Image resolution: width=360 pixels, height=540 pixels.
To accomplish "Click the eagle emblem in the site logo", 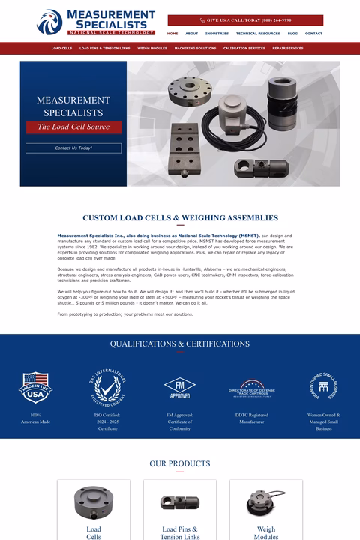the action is tap(49, 22).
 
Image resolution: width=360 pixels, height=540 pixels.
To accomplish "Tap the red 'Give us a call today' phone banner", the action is tap(245, 20).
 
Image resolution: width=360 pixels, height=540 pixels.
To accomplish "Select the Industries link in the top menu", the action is tap(217, 34).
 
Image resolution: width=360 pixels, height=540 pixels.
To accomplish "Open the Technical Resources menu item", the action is tap(258, 34).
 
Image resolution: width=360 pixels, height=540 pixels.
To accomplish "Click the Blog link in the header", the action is tap(292, 34).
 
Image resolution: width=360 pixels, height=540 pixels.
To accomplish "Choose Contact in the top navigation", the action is tap(313, 34).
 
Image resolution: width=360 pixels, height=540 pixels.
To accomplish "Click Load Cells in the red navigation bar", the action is tap(61, 48).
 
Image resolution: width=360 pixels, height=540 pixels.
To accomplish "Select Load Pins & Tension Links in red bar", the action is tap(104, 48).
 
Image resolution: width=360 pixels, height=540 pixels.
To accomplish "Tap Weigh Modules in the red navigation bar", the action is tap(152, 48).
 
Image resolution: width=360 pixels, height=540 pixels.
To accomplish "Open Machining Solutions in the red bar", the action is tap(195, 48).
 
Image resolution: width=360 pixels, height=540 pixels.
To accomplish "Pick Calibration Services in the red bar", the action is tap(244, 48).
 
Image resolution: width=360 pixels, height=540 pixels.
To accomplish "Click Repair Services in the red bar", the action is tap(288, 48).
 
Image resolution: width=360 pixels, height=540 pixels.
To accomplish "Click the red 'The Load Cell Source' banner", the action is tap(73, 127).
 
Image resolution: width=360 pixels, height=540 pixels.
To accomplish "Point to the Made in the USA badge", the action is tap(35, 387).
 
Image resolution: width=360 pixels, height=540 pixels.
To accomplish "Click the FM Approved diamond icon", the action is tap(180, 387).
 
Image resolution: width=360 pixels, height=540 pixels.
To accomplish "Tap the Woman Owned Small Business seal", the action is tap(324, 387).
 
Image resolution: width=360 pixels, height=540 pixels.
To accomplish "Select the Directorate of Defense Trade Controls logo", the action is tap(252, 388).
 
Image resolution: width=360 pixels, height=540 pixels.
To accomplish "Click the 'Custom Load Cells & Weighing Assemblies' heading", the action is tap(180, 218).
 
